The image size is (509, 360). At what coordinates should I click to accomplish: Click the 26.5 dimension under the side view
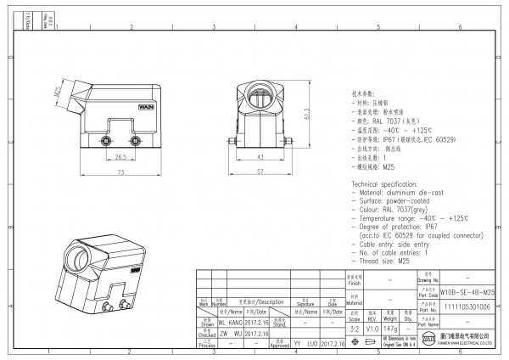pyautogui.click(x=120, y=156)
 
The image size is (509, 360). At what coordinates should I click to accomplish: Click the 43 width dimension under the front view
pyautogui.click(x=259, y=157)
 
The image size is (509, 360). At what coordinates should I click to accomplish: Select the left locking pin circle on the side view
pyautogui.click(x=108, y=141)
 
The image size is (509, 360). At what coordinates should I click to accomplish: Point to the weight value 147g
pyautogui.click(x=389, y=327)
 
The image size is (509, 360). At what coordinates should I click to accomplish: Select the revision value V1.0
pyautogui.click(x=371, y=327)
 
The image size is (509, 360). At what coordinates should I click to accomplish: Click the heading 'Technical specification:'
pyautogui.click(x=388, y=183)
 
